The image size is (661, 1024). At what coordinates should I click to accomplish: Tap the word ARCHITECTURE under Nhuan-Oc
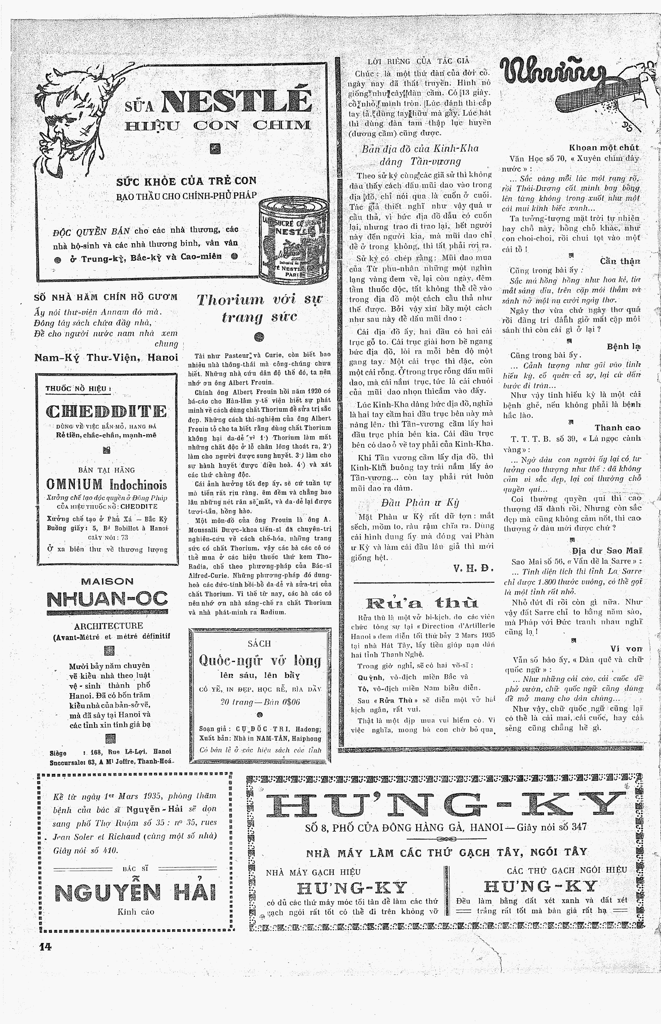click(108, 626)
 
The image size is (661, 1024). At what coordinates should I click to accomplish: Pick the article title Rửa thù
click(422, 603)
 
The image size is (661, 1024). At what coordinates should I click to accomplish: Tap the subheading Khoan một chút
click(603, 148)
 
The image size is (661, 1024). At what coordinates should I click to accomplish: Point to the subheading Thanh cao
click(617, 428)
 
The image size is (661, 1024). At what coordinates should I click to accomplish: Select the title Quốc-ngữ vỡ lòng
click(260, 660)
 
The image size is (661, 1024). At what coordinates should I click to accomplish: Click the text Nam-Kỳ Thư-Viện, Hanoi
click(106, 357)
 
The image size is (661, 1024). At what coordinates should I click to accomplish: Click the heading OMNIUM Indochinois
click(107, 485)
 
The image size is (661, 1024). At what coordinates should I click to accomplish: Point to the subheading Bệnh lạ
click(623, 346)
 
